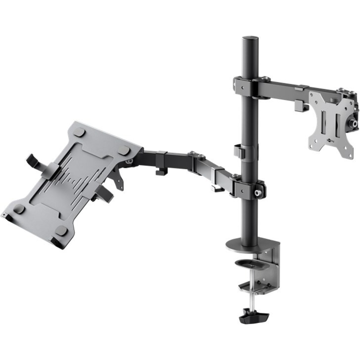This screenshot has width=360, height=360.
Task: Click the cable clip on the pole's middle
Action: [x=239, y=151]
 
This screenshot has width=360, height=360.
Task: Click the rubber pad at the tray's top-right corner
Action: [x=124, y=150]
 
